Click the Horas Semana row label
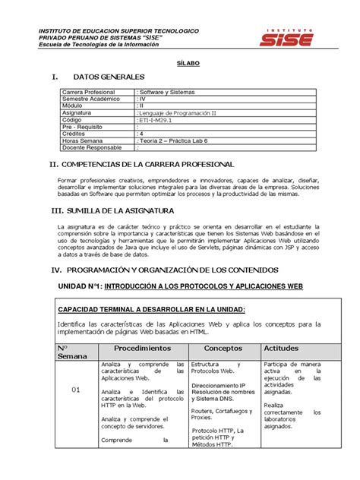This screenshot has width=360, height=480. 82,140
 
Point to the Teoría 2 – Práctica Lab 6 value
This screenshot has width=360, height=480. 174,140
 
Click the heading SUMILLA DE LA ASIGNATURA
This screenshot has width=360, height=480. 125,210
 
